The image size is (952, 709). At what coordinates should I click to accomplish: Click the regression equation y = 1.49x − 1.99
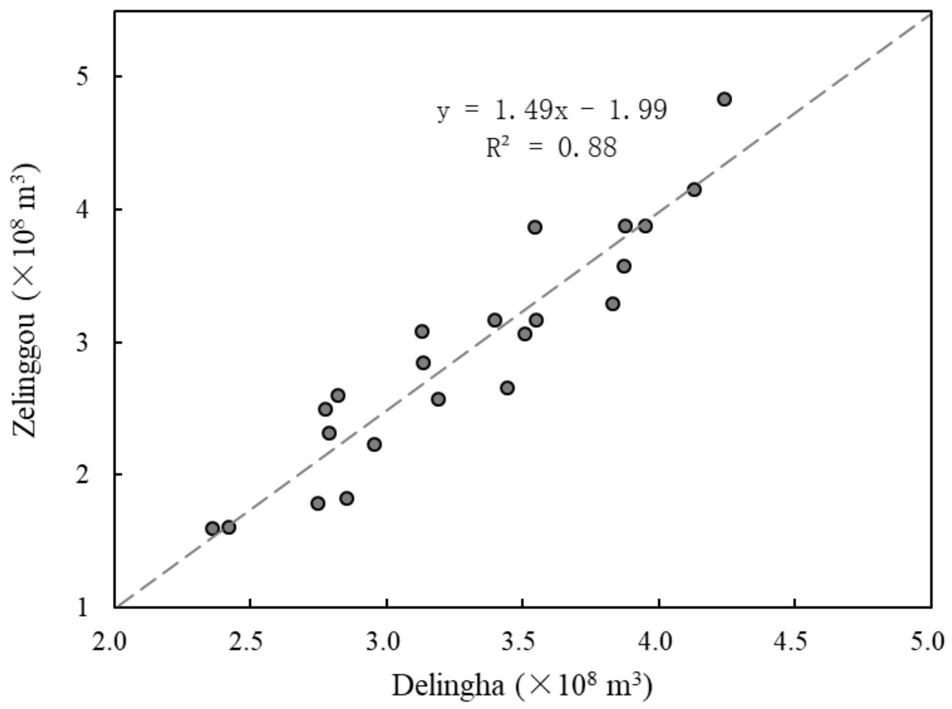(552, 110)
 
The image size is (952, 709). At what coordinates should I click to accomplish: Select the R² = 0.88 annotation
(551, 148)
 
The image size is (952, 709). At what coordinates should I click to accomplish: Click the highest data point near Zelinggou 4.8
(724, 99)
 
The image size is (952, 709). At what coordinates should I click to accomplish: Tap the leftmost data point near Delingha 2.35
(212, 528)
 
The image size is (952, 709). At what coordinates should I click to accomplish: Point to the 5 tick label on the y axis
(83, 76)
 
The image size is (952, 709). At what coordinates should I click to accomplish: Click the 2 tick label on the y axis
(83, 475)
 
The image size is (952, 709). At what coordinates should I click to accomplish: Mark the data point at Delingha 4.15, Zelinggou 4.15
(694, 190)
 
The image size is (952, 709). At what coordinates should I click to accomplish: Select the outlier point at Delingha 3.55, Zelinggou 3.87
(535, 228)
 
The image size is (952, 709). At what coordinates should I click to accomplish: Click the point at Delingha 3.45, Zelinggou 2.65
(507, 388)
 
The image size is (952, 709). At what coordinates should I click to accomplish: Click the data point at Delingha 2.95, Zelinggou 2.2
(374, 444)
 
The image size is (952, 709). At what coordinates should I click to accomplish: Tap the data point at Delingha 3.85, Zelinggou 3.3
(612, 304)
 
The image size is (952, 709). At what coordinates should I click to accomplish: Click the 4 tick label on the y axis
(83, 210)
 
